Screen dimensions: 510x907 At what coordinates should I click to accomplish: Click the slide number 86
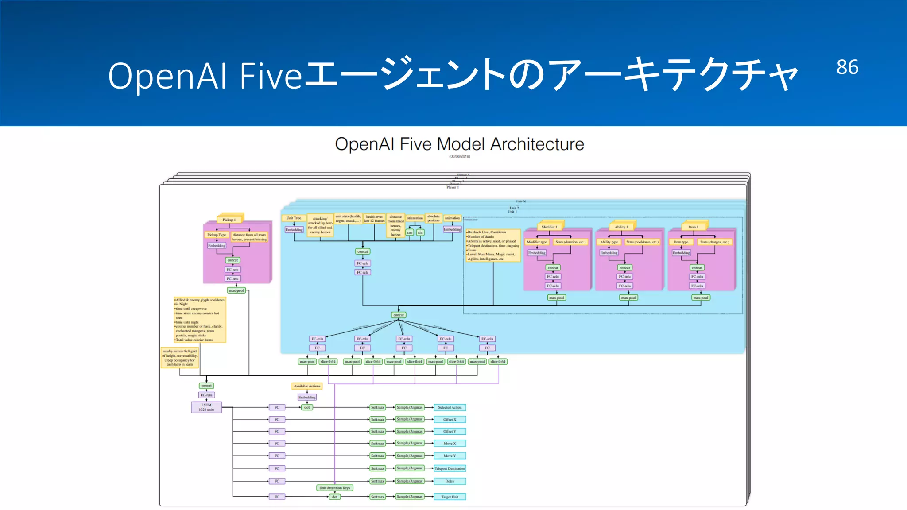click(x=847, y=67)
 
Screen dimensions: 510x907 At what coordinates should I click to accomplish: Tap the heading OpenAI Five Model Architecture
click(x=459, y=144)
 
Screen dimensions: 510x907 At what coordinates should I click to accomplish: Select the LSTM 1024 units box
click(x=206, y=407)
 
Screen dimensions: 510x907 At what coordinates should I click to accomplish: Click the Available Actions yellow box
click(x=307, y=386)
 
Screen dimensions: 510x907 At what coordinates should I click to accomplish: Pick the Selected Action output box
click(x=450, y=407)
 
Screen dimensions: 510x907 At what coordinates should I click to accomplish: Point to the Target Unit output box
click(x=450, y=497)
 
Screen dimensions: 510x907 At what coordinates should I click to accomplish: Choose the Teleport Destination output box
click(x=450, y=468)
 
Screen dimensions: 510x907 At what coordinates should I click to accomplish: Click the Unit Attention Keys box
click(x=334, y=488)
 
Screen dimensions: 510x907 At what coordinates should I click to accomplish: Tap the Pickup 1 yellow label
click(x=229, y=220)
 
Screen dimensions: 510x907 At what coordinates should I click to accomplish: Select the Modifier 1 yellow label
click(x=549, y=227)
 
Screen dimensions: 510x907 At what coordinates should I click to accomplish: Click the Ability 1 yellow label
click(x=621, y=227)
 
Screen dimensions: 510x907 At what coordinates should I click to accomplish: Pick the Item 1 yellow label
click(x=693, y=227)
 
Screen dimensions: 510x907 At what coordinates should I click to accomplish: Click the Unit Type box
click(x=293, y=218)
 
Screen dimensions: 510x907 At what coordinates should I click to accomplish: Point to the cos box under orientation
click(x=410, y=232)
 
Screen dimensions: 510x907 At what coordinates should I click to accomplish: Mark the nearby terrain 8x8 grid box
click(x=179, y=358)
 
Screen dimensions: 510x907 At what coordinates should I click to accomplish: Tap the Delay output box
click(x=450, y=481)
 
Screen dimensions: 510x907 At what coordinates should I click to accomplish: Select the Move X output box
click(x=450, y=443)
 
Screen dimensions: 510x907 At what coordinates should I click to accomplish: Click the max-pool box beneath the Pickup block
click(x=236, y=290)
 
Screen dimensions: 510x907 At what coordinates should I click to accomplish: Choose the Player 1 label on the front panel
click(x=452, y=187)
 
